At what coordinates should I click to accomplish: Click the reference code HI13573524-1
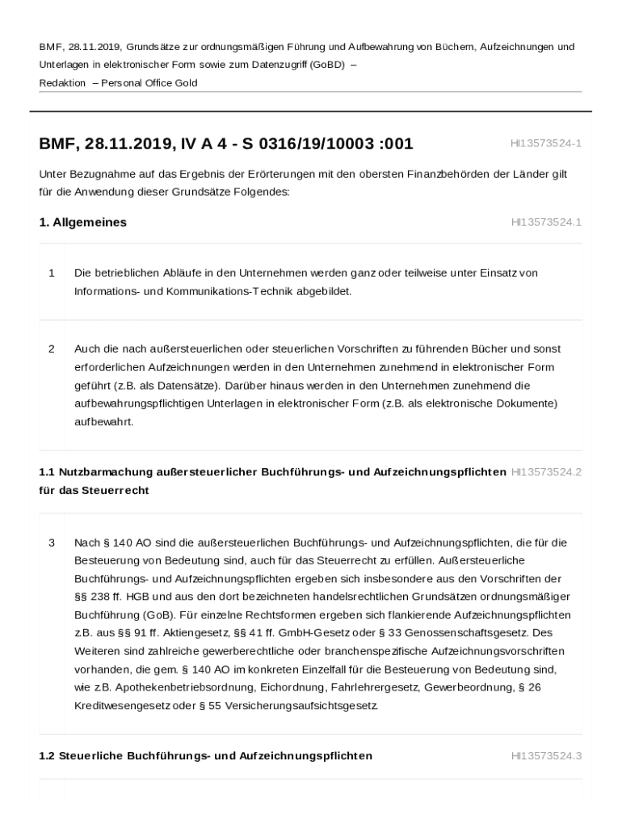(x=545, y=143)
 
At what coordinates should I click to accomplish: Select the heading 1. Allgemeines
(x=82, y=222)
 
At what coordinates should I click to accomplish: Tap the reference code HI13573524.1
(x=545, y=222)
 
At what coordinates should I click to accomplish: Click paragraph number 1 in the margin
(x=52, y=273)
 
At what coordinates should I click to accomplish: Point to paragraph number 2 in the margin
(x=52, y=349)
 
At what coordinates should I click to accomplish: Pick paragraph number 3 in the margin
(x=52, y=543)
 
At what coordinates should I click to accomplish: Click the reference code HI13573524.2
(x=546, y=471)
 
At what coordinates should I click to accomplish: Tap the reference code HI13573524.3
(x=546, y=756)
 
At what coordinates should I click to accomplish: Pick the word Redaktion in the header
(x=62, y=83)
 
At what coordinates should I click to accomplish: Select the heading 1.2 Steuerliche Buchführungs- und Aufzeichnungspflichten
(x=206, y=756)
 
